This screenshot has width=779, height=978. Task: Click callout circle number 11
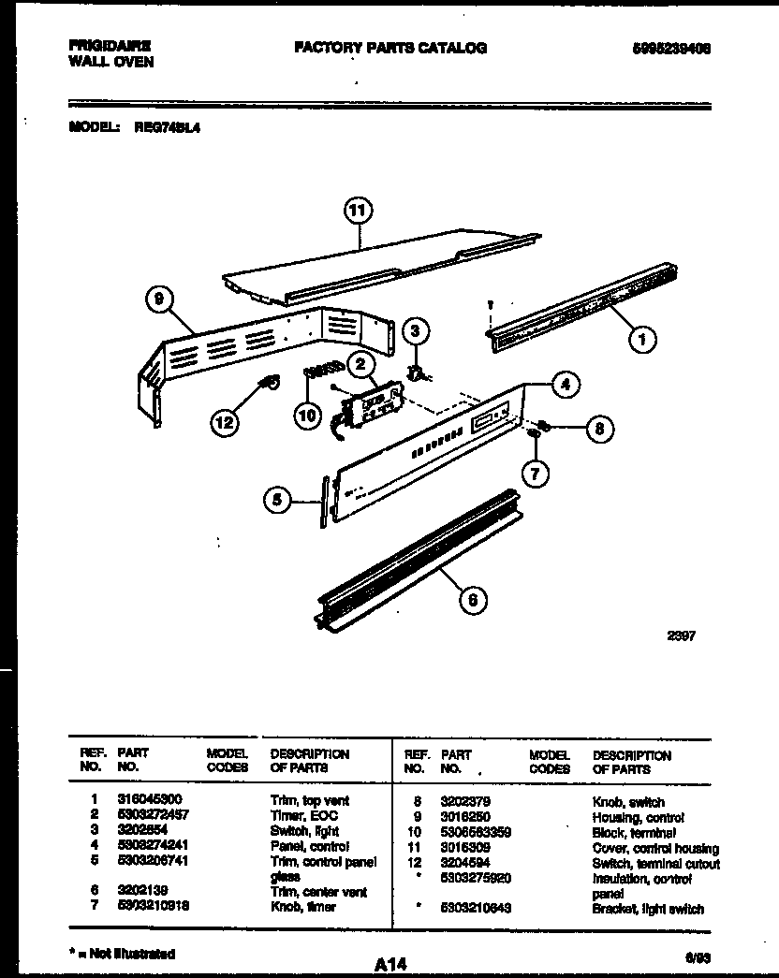[x=356, y=212]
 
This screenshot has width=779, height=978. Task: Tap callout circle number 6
[x=474, y=600]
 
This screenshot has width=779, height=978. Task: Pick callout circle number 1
[x=641, y=341]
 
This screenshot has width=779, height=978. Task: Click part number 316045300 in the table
[x=150, y=801]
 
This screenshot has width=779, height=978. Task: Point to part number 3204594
[x=463, y=862]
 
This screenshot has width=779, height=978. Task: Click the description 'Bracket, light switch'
[x=648, y=909]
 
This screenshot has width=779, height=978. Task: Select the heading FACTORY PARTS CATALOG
[x=390, y=48]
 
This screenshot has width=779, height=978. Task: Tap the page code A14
[x=392, y=963]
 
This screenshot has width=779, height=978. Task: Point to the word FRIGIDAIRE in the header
[x=110, y=46]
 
